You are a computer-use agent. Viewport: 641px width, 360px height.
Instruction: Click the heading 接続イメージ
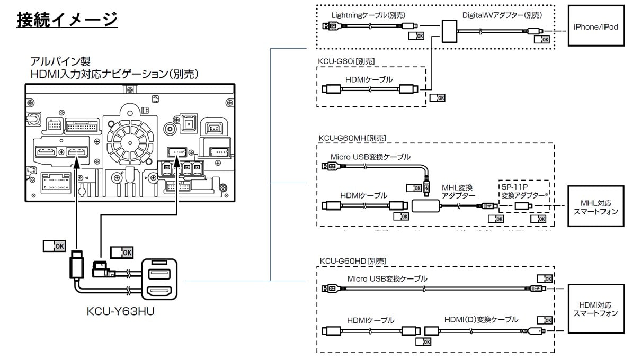67,20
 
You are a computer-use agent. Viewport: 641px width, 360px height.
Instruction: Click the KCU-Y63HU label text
120,312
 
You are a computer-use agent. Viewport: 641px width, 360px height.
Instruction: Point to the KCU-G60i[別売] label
346,61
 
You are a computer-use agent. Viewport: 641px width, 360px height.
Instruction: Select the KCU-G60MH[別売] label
352,138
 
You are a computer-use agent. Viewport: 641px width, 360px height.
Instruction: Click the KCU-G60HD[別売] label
353,261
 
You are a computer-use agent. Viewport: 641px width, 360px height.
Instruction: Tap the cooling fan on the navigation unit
130,142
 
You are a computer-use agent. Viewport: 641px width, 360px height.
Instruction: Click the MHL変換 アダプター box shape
426,205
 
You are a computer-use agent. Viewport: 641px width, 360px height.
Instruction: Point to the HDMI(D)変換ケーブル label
481,319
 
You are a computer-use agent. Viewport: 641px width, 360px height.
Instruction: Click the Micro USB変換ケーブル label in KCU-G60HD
387,278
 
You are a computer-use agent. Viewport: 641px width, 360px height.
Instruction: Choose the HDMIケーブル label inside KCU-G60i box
369,79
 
